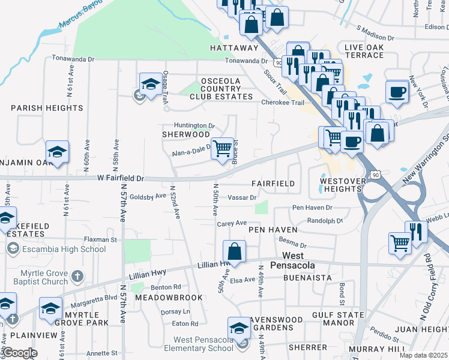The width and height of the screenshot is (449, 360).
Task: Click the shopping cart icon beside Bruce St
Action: pos(223,148)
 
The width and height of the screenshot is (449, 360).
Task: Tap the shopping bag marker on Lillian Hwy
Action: pos(235,251)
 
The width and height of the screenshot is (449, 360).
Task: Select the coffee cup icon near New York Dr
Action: pos(397,92)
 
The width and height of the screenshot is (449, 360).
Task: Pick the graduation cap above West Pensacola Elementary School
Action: pos(240,328)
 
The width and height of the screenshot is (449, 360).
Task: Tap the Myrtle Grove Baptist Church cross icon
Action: pos(76,277)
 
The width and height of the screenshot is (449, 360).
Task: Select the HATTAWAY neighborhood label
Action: pos(234,47)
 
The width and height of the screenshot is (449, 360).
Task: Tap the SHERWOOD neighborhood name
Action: pos(185,134)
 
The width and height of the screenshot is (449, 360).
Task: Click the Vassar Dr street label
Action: pos(243,197)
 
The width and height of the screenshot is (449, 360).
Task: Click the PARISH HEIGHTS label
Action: pos(47,108)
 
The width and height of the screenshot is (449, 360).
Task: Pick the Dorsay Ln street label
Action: pos(175,312)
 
